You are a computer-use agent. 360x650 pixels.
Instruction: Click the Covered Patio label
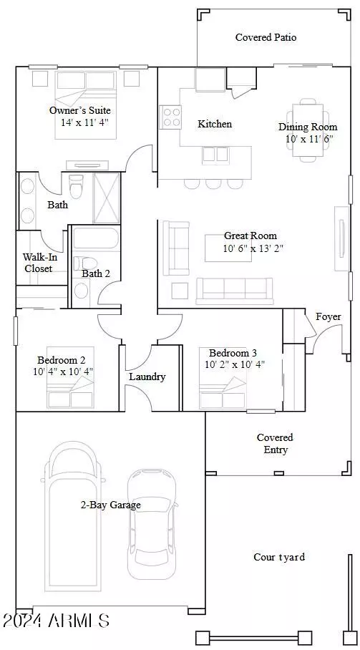coord(266,37)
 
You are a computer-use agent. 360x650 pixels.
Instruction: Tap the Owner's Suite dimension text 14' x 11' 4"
coord(84,122)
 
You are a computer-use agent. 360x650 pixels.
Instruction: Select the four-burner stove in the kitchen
coord(171,117)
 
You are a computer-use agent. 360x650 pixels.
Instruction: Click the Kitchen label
coord(215,124)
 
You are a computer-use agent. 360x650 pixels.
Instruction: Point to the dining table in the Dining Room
coord(308,130)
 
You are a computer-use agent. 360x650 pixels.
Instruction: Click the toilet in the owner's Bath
coord(77,187)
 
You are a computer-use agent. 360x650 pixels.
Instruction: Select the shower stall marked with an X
coord(107,198)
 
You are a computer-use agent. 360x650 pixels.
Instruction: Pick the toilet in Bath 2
coord(85,263)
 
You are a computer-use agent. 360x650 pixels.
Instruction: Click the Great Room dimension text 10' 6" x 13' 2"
coord(253,248)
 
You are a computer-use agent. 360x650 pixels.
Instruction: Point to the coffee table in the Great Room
coord(228,248)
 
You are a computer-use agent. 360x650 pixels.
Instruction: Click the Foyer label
coord(329,317)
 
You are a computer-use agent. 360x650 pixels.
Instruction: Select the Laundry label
coord(147,377)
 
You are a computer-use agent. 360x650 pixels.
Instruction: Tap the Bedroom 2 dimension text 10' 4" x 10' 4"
coord(63,372)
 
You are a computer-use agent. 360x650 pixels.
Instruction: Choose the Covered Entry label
coord(276,444)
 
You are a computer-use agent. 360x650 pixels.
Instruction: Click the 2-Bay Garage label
coord(110,505)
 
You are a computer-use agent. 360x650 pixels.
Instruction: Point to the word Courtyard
coord(279,557)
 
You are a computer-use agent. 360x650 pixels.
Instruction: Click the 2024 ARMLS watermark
coord(56,621)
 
